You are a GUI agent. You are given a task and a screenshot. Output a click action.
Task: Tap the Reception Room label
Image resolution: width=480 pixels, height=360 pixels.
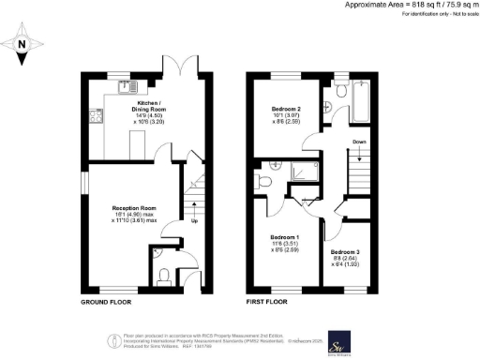tap(133, 208)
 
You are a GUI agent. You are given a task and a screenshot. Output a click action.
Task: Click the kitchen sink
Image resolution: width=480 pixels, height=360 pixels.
tap(126, 87)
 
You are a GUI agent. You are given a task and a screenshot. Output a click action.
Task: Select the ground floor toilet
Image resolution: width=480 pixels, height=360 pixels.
tap(164, 274)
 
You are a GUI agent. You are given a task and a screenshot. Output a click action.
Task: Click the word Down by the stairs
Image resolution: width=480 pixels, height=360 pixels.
tap(359, 143)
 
